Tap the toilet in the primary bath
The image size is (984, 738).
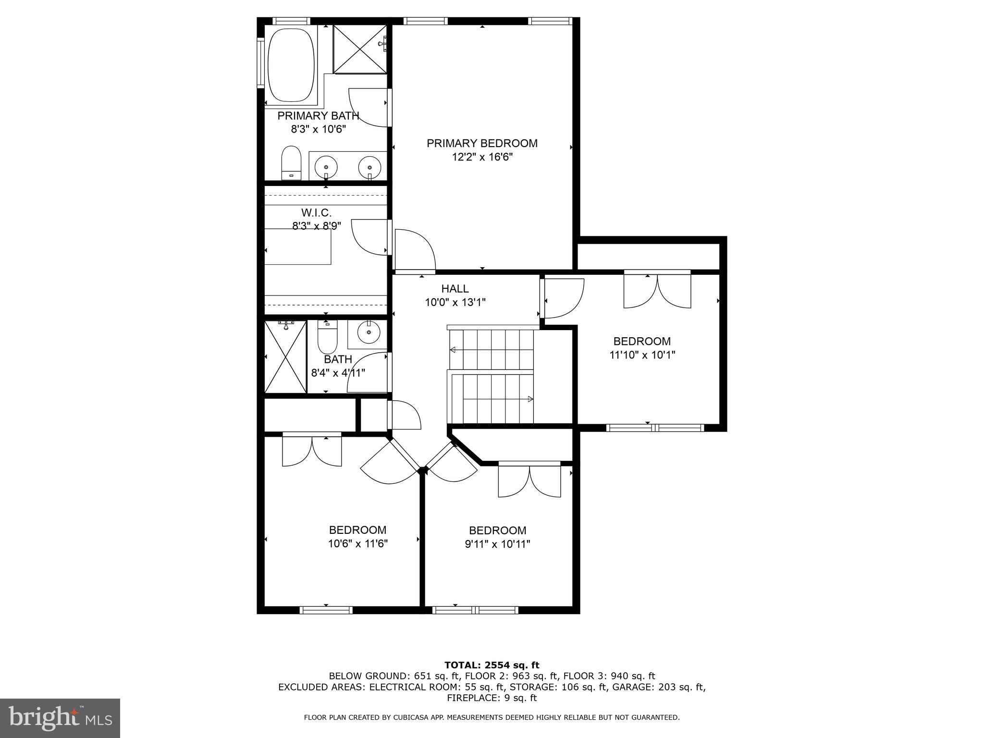point(291,162)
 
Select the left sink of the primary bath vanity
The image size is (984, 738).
point(326,167)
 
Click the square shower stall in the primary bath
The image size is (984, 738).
point(359,49)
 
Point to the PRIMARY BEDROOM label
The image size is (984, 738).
point(482,143)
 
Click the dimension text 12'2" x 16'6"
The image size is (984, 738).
point(482,157)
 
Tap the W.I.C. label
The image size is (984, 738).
point(316,212)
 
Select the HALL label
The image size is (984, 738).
point(455,289)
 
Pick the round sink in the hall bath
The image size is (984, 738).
point(369,332)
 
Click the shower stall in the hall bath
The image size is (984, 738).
point(285,357)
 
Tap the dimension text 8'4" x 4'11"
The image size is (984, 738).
point(338,373)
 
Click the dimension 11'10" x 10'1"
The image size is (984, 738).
point(642,355)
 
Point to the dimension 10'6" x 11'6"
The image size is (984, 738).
point(357,544)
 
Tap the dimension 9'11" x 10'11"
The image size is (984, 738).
point(497,544)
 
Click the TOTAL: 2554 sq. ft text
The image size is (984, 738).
point(492,665)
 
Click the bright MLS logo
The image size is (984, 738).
point(60,718)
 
